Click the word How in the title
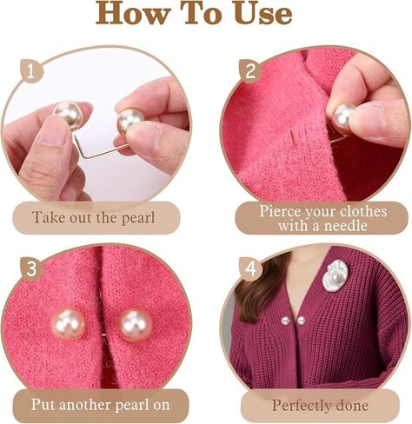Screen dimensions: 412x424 tap(132, 13)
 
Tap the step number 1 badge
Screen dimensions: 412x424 tap(31, 71)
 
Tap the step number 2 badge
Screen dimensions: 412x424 tap(250, 71)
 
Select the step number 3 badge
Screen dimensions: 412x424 tap(31, 269)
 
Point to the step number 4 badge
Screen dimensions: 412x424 tap(251, 269)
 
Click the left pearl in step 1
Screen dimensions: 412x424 tap(69, 116)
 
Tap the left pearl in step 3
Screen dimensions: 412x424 tap(69, 324)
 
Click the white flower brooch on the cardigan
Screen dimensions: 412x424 tap(336, 275)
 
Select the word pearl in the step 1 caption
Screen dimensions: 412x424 tap(138, 218)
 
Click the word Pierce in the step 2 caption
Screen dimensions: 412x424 tap(276, 211)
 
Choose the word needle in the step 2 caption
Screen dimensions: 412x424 tap(345, 225)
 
